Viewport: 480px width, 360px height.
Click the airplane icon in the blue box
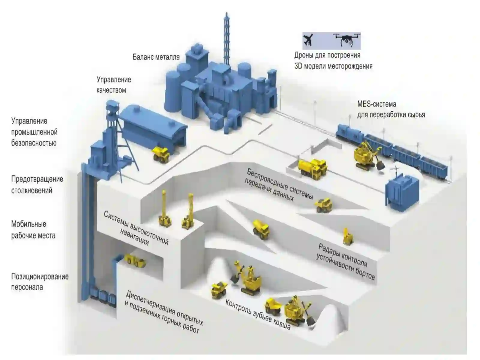click(x=308, y=40)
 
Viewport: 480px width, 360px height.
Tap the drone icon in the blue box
click(x=346, y=40)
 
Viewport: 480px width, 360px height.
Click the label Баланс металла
click(x=156, y=57)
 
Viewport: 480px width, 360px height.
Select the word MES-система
click(x=376, y=104)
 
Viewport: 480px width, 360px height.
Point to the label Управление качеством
click(x=114, y=85)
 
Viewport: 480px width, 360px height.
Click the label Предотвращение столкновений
click(x=37, y=185)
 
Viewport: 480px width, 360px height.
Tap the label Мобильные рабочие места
click(x=33, y=230)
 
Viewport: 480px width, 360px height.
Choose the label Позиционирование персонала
click(x=40, y=282)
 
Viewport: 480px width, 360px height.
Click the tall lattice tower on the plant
click(x=226, y=39)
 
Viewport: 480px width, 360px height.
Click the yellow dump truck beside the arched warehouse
click(x=161, y=154)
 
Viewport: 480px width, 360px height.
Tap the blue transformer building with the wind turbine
click(x=402, y=190)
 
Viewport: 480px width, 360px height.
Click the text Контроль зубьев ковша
click(x=258, y=314)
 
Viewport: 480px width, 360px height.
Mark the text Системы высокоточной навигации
click(x=136, y=228)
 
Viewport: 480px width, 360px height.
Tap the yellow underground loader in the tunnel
click(x=135, y=261)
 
